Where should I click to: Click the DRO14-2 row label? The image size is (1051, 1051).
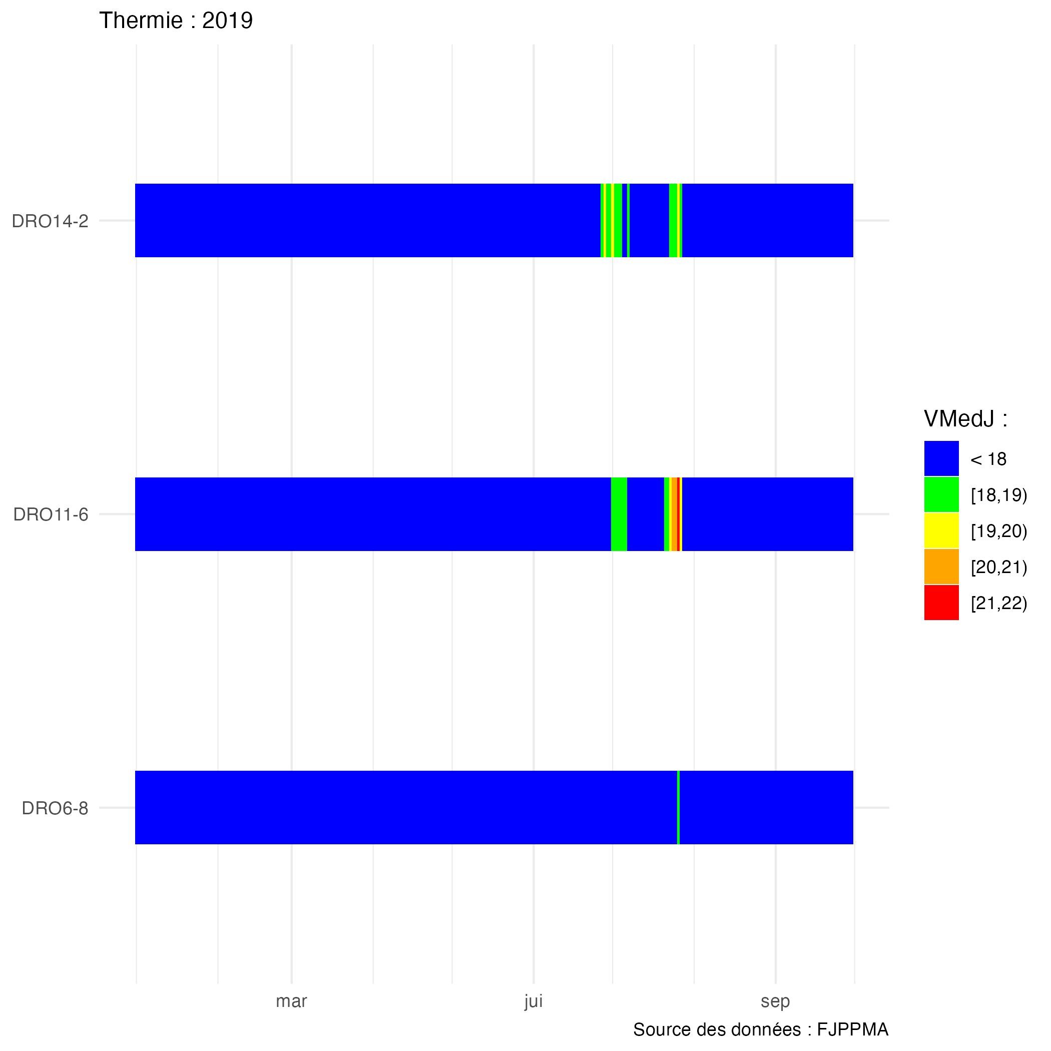pos(50,221)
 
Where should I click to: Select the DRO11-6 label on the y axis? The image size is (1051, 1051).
pos(51,514)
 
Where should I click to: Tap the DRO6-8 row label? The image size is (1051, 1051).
pos(55,808)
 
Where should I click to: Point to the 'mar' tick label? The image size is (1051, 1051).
pos(292,1001)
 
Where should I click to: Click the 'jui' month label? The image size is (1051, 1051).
pos(534,1001)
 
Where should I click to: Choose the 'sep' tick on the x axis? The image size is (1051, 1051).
pos(775,1001)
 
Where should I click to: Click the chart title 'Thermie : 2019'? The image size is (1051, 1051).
pos(176,21)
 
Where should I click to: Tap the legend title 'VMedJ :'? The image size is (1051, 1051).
pos(965,419)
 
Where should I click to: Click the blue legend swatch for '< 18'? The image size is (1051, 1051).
pos(941,458)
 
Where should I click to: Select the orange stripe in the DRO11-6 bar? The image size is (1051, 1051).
pos(675,514)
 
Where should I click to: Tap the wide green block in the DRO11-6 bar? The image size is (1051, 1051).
pos(619,514)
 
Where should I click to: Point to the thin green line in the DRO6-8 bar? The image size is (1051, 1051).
pos(678,808)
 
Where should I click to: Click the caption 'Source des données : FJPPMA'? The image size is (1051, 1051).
pos(761,1030)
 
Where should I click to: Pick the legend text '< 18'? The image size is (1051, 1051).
pos(988,459)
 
